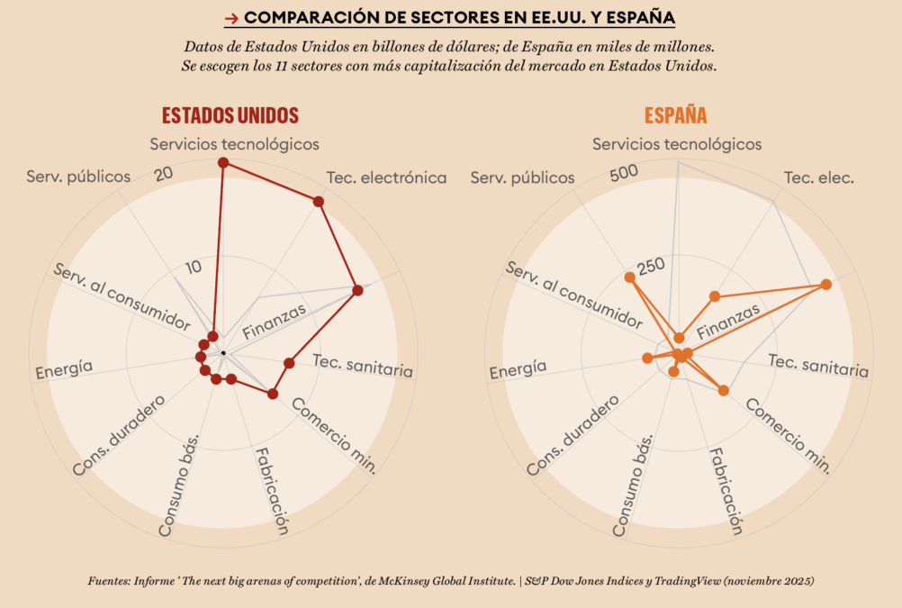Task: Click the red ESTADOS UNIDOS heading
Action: tap(230, 115)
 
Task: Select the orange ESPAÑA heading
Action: tap(675, 115)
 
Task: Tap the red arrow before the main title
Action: tap(230, 18)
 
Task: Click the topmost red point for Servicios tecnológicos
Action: tap(223, 162)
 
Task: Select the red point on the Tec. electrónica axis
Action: tap(319, 202)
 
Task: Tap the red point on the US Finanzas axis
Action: tap(357, 290)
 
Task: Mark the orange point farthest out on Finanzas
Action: tap(825, 285)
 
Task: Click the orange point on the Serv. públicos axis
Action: tap(630, 277)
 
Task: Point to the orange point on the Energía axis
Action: tap(646, 358)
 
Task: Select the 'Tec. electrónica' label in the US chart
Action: tap(386, 177)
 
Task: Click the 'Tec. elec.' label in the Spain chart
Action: tap(819, 177)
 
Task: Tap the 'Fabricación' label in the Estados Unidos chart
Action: tap(271, 491)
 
